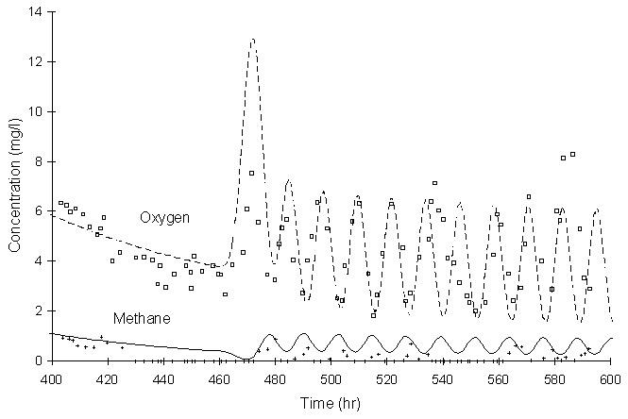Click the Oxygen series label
click(x=165, y=218)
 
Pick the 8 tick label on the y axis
click(x=41, y=161)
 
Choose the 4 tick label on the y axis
click(x=41, y=261)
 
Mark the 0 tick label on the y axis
click(x=41, y=360)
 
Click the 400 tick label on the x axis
click(x=52, y=378)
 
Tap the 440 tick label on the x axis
click(x=163, y=378)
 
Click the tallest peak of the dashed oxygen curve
click(x=253, y=40)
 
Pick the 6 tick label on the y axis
click(x=41, y=211)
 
